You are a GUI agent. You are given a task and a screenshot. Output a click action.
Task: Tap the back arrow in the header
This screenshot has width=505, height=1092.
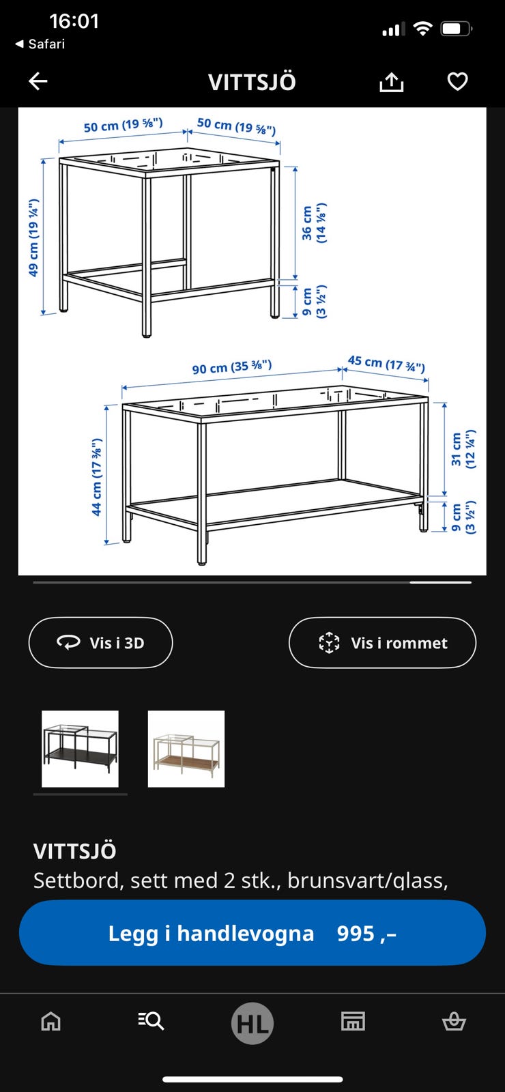coord(38,82)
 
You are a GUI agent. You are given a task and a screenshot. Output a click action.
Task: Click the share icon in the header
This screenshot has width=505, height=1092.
coord(391,83)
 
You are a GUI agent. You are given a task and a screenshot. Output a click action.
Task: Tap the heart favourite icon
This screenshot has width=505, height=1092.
coord(457,82)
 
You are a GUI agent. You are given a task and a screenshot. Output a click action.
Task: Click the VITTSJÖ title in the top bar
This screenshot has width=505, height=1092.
coord(252,83)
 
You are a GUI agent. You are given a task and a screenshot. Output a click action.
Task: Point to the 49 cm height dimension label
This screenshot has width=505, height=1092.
coord(33,238)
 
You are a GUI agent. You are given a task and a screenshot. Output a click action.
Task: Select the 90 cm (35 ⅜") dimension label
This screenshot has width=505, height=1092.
coord(232,367)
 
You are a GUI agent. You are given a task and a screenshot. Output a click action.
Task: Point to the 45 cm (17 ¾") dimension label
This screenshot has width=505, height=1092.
coord(386,363)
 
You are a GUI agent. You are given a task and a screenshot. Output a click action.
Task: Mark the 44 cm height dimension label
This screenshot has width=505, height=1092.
coord(97,477)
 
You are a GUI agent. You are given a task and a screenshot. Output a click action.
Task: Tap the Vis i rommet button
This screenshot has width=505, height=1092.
coord(382,643)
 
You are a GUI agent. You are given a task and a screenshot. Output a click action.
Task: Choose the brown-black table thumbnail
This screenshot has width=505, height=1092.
coord(80,749)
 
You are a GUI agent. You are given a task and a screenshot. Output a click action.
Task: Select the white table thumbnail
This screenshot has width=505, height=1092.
coord(186,749)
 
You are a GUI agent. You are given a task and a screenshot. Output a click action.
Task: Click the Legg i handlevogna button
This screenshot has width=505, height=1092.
coord(252,933)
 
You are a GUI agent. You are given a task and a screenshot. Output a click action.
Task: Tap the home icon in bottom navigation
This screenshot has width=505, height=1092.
coord(51,1021)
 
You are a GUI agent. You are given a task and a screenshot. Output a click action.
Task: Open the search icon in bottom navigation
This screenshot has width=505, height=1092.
coord(151,1021)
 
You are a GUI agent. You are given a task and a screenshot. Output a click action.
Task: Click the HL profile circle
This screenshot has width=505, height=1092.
coord(252,1023)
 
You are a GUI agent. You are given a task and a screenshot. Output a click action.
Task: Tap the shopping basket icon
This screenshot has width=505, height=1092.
coord(454,1021)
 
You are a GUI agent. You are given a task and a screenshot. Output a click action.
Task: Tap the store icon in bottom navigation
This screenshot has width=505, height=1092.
coord(353,1021)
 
